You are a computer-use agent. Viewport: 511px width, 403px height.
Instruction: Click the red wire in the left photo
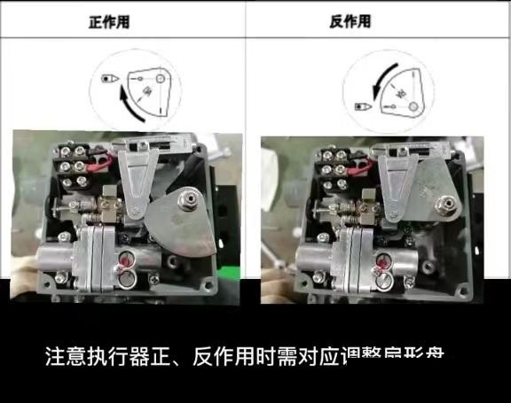(x=100, y=161)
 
